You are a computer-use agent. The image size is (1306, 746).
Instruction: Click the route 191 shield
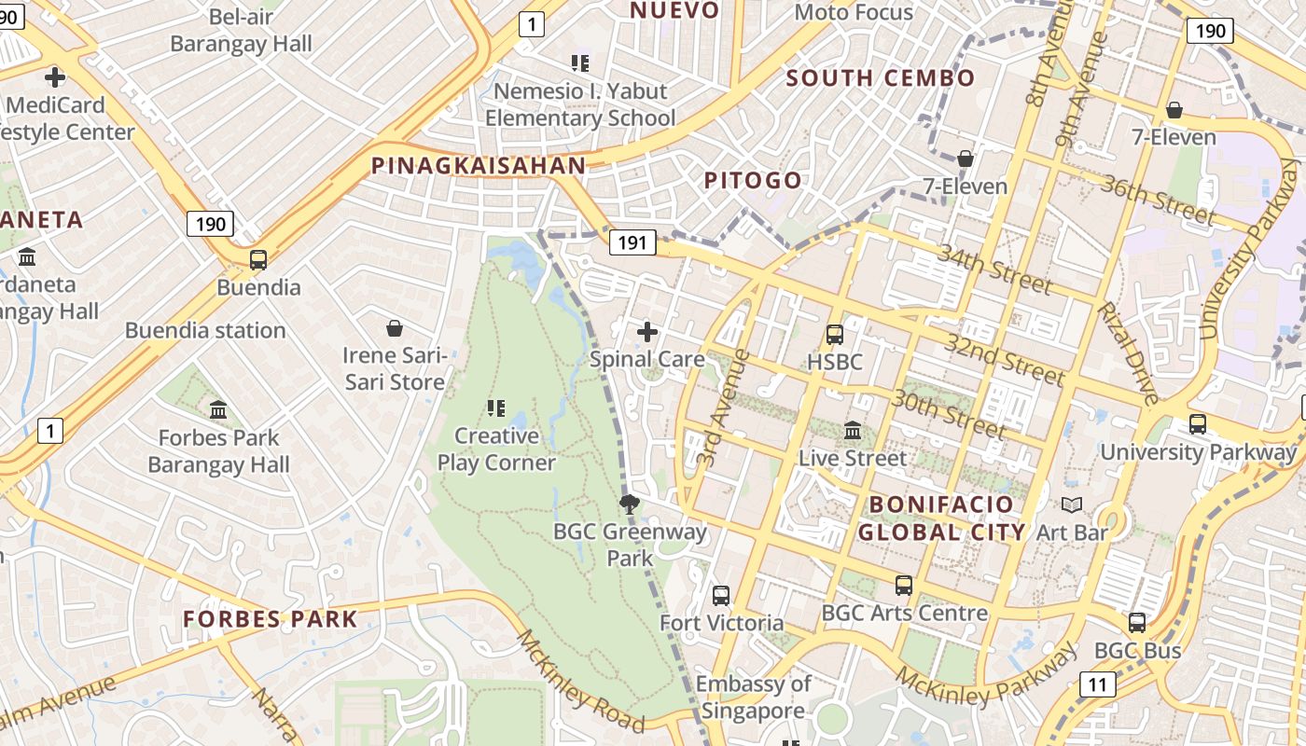632,243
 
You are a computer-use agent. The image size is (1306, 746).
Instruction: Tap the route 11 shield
1097,685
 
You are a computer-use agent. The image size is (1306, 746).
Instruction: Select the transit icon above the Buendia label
258,260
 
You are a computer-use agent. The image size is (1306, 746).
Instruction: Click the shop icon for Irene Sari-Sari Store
395,328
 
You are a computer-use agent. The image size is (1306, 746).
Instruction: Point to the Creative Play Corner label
496,449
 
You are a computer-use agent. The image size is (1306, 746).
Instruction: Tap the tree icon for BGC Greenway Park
630,504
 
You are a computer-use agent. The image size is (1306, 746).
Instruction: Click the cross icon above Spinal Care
647,331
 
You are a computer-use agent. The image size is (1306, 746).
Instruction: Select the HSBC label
835,362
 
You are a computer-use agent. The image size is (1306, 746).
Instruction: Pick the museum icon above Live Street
853,431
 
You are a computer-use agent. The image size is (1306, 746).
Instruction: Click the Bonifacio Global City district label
941,518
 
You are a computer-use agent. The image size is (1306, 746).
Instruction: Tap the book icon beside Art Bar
1072,505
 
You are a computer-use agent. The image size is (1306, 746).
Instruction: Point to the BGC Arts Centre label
904,613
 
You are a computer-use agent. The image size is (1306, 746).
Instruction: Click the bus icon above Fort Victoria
721,595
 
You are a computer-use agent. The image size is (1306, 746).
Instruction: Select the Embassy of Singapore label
753,698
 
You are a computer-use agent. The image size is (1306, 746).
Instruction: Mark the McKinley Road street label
580,682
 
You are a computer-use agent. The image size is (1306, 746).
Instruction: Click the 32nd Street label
1004,359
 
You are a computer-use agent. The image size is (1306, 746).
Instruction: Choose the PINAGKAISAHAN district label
479,166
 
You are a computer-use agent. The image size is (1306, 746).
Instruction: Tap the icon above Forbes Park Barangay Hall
218,409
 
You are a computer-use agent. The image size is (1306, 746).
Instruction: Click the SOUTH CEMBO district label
881,78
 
